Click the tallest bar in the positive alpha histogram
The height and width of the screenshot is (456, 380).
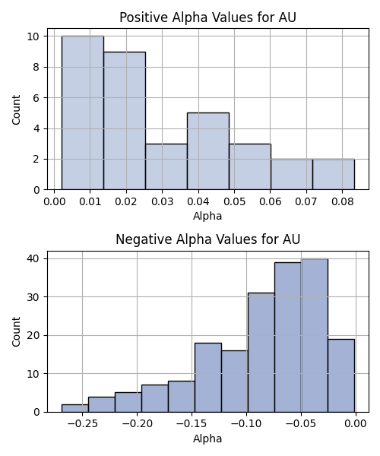tap(83, 112)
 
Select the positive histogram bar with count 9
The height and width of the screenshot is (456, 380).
tap(125, 121)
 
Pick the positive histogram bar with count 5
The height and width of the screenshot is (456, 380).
tap(208, 151)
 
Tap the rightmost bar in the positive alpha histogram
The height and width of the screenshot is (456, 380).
tap(334, 175)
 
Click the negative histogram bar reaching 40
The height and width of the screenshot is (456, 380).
tap(315, 335)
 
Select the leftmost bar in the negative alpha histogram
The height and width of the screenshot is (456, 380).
tap(75, 408)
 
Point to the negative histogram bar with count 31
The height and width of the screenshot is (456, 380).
tap(261, 353)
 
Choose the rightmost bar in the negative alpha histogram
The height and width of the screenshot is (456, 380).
tap(341, 375)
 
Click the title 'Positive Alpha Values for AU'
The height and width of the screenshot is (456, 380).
tap(208, 17)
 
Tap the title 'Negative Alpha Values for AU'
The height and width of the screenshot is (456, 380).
tap(208, 239)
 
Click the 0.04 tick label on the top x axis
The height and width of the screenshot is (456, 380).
tap(198, 201)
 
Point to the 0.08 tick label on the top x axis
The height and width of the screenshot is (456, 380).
tap(343, 201)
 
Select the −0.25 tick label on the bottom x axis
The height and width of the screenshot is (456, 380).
tap(83, 423)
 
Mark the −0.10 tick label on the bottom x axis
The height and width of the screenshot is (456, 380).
tap(246, 423)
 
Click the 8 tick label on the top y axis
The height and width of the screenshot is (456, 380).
tap(36, 67)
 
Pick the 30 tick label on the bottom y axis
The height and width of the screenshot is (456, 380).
tap(33, 297)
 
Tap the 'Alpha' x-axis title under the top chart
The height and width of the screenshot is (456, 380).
tap(207, 216)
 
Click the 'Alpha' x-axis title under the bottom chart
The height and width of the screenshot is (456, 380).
tap(207, 439)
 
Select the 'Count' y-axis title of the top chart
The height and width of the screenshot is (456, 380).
tap(16, 109)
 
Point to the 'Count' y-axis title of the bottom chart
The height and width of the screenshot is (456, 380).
tap(16, 331)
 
